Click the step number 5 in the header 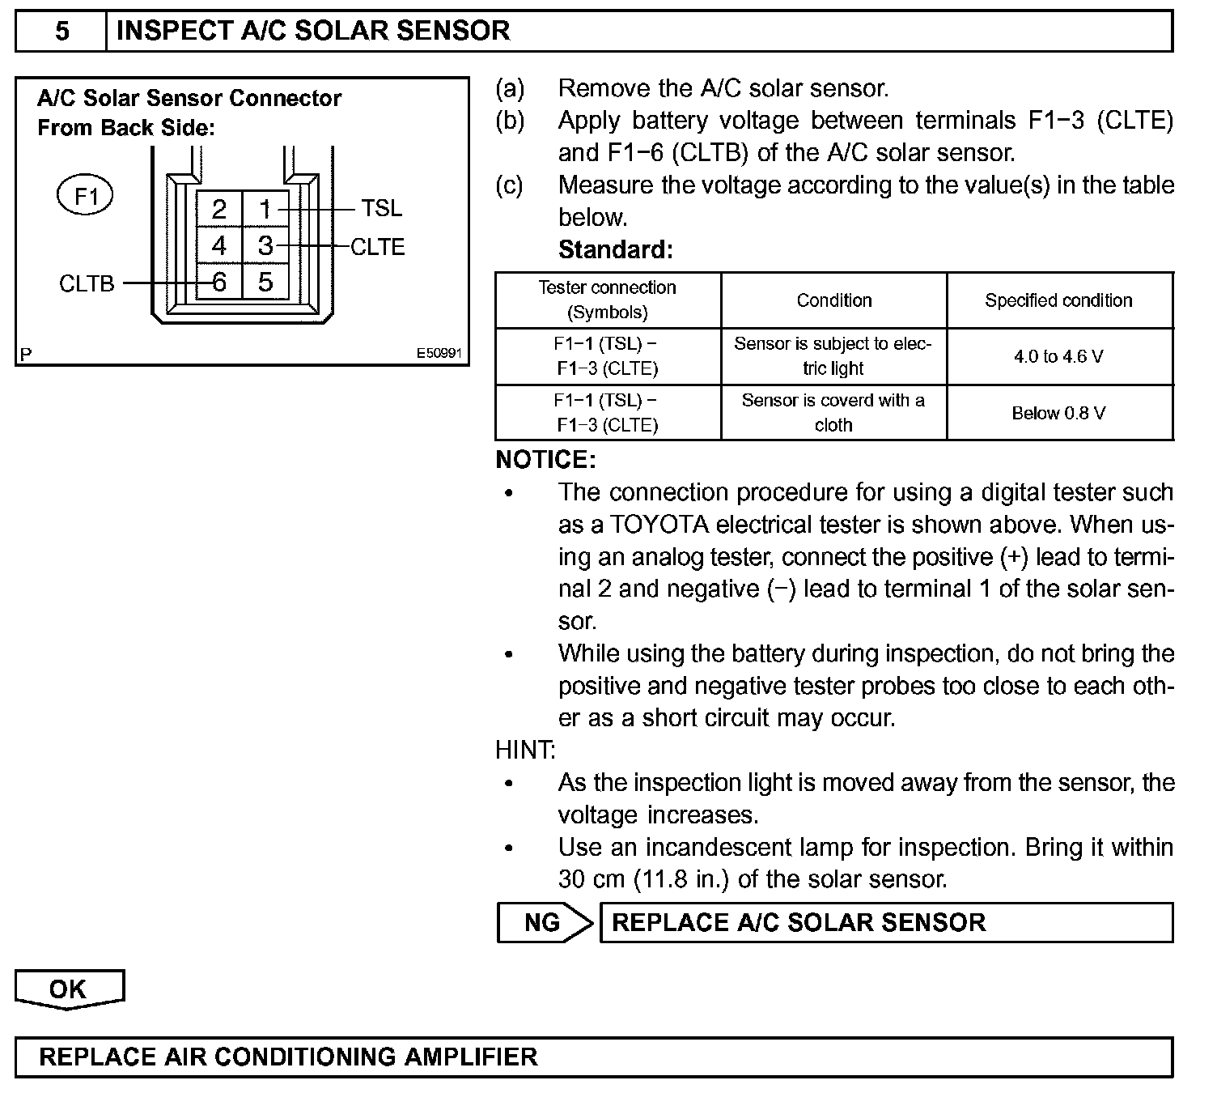[x=62, y=32]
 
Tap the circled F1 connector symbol [x=85, y=196]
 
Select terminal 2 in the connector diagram [x=219, y=210]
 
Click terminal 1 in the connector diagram [x=265, y=210]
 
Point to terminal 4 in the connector [x=219, y=245]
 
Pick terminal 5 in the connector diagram [x=265, y=282]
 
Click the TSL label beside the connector [x=381, y=209]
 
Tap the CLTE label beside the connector [x=377, y=247]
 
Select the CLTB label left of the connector [x=87, y=284]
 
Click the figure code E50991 [x=439, y=354]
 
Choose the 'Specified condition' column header [x=1058, y=300]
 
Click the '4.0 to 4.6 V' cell [x=1058, y=356]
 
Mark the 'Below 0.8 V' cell [x=1058, y=413]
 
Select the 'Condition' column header [x=834, y=300]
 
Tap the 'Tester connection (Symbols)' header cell [x=608, y=300]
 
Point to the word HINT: [x=525, y=751]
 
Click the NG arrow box [x=544, y=923]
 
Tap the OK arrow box [x=69, y=989]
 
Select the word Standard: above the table [x=615, y=249]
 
